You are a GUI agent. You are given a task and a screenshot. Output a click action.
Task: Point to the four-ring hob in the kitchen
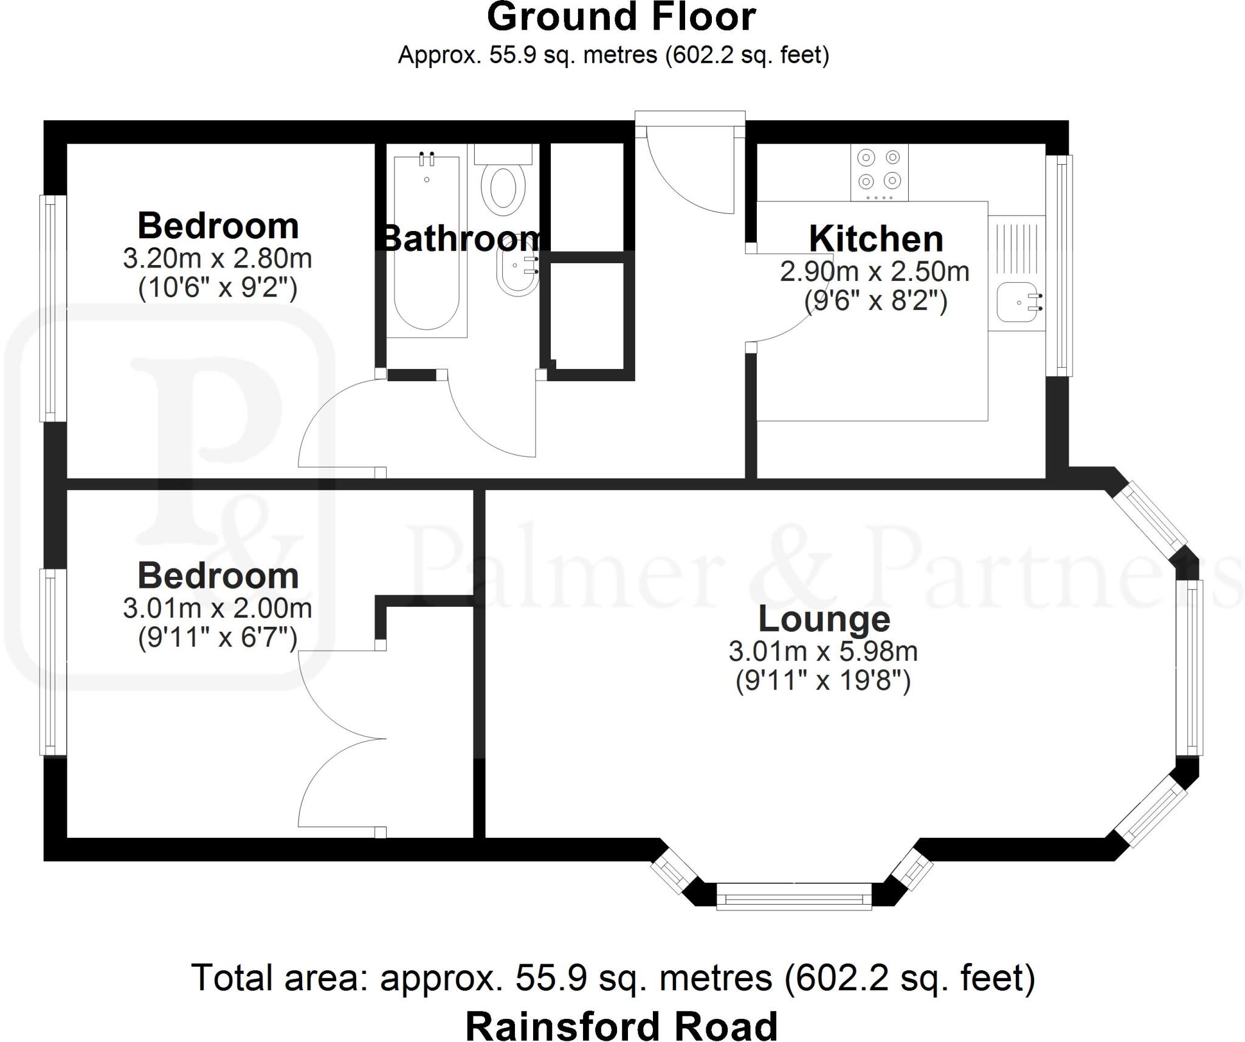click(x=879, y=171)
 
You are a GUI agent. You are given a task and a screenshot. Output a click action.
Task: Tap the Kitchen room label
click(x=875, y=239)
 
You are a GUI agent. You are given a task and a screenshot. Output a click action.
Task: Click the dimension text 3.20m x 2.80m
click(x=218, y=259)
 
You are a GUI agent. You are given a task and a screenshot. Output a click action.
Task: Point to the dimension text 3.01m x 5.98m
click(x=823, y=652)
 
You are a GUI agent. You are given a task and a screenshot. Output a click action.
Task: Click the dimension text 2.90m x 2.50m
click(x=874, y=272)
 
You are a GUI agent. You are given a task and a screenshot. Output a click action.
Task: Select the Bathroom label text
click(x=461, y=238)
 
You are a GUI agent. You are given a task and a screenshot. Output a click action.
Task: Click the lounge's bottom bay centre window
click(x=794, y=897)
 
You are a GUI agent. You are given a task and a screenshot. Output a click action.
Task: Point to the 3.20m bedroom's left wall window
click(x=53, y=308)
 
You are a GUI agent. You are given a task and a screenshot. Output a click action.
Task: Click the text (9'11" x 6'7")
click(x=218, y=638)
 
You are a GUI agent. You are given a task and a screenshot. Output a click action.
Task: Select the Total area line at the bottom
click(x=613, y=978)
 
